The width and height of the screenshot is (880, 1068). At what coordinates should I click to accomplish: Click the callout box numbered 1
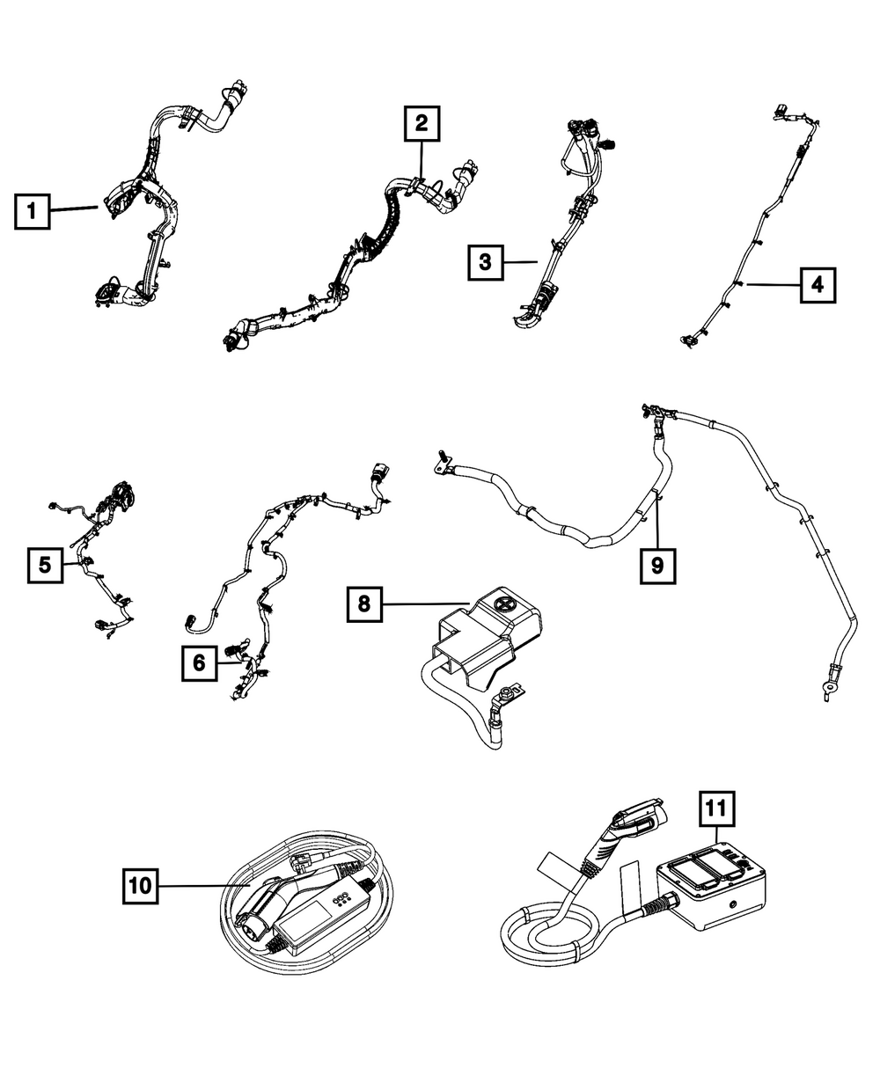click(x=33, y=211)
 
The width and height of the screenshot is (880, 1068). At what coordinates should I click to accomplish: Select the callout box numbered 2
click(x=422, y=124)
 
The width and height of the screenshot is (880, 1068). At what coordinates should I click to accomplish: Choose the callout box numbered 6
click(x=200, y=662)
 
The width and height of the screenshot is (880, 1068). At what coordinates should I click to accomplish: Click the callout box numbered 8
click(x=363, y=603)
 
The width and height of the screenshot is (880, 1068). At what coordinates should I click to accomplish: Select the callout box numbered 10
click(x=140, y=885)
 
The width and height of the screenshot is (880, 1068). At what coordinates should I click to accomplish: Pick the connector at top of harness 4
click(x=781, y=111)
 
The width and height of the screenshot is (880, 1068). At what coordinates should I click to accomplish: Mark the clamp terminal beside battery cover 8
click(x=508, y=697)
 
